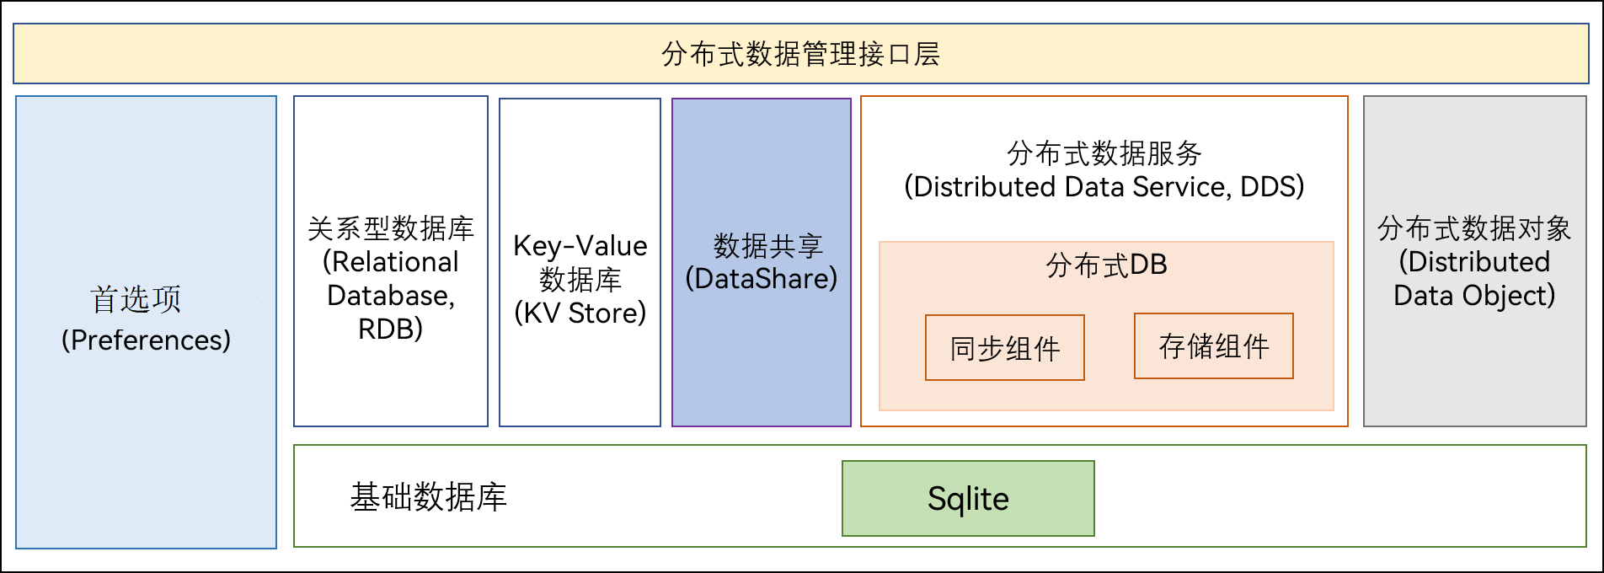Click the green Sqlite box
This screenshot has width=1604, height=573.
(x=968, y=498)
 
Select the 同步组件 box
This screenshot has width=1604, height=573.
(x=1005, y=348)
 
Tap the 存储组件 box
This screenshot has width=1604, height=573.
(x=1214, y=346)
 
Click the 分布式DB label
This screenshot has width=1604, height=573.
(x=1106, y=265)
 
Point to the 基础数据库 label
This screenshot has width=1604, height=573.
(x=428, y=497)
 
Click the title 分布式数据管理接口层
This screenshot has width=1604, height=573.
(x=801, y=54)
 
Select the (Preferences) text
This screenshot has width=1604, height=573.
(x=146, y=340)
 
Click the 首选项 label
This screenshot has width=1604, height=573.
(x=136, y=299)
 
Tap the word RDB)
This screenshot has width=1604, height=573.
(x=391, y=329)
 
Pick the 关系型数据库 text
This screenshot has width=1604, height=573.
(x=391, y=228)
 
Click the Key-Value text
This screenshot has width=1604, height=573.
(x=580, y=246)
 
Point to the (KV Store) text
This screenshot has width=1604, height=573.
(x=580, y=313)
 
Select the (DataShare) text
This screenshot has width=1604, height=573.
(x=762, y=278)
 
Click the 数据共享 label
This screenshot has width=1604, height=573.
(x=768, y=245)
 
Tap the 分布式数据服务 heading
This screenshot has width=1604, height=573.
(x=1104, y=153)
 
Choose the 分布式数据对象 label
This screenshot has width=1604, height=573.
(x=1474, y=228)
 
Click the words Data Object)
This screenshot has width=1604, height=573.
(x=1474, y=296)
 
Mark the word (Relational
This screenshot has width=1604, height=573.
(x=391, y=262)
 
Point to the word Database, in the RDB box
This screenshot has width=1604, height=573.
(x=391, y=296)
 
